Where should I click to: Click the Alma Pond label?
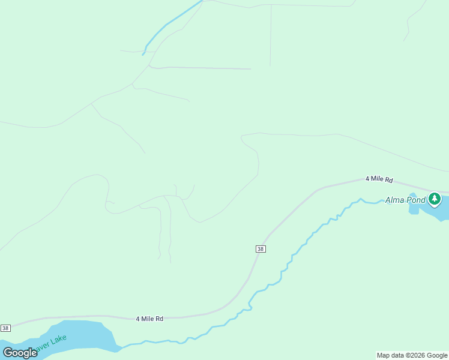coord(405,200)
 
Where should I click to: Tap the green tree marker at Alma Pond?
coord(435,199)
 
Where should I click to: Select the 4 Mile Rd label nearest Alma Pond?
coord(379,179)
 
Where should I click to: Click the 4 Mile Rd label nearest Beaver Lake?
coord(149,319)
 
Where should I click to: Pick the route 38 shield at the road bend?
coord(260,249)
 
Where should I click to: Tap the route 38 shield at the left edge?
coord(5,328)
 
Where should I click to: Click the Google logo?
coord(20,353)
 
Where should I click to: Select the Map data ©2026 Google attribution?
coord(412,355)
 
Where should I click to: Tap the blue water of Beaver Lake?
coord(84,336)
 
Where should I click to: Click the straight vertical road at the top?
coord(270,36)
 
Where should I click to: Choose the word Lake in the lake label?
coord(59,340)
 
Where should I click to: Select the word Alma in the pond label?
coord(394,200)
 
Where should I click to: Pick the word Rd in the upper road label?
coord(388,179)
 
